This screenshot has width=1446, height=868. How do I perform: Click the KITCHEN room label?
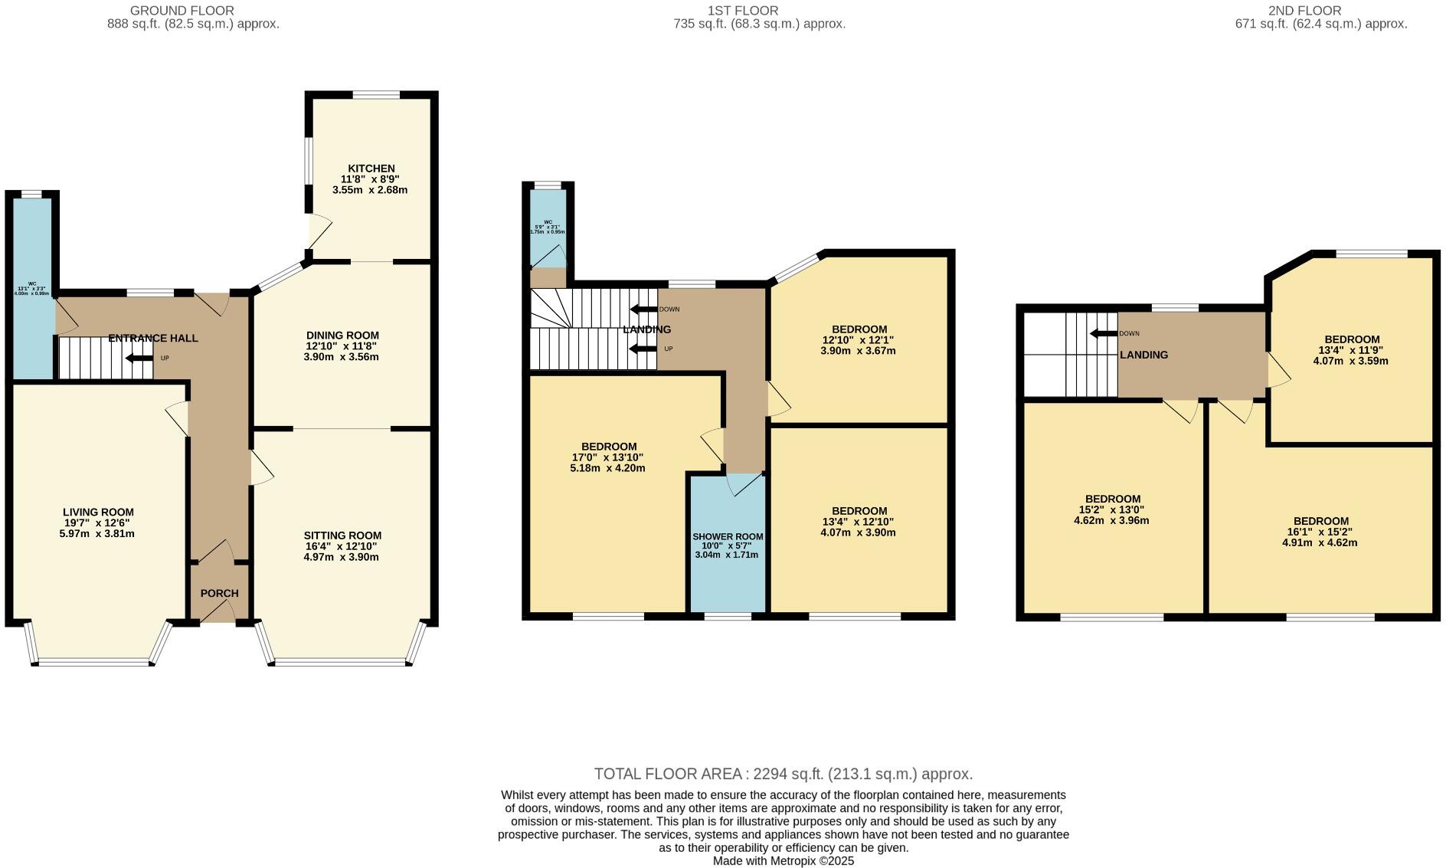coord(371,169)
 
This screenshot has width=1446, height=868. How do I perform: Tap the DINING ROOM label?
coord(342,336)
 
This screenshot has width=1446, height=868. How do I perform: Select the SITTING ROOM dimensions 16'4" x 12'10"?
coord(342,546)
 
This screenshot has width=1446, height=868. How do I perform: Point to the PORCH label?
coord(219,593)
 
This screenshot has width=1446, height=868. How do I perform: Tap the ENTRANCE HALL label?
coord(153,338)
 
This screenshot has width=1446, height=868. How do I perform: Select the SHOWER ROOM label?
coord(728,536)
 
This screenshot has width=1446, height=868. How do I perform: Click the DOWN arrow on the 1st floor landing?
coord(643,310)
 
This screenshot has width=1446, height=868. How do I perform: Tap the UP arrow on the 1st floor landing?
coord(643,349)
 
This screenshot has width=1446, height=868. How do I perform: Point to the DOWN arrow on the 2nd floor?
coord(1104,333)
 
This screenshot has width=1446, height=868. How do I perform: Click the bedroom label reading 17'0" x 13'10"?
coord(609,457)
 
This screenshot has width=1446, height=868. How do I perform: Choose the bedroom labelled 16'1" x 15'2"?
coord(1320,532)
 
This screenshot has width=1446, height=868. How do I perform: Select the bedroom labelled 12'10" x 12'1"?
coord(858,340)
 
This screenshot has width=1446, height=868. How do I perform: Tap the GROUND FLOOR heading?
coord(182,11)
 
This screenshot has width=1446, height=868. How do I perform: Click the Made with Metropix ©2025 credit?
coord(783,860)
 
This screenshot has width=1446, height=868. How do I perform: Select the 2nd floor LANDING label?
coord(1143,355)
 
